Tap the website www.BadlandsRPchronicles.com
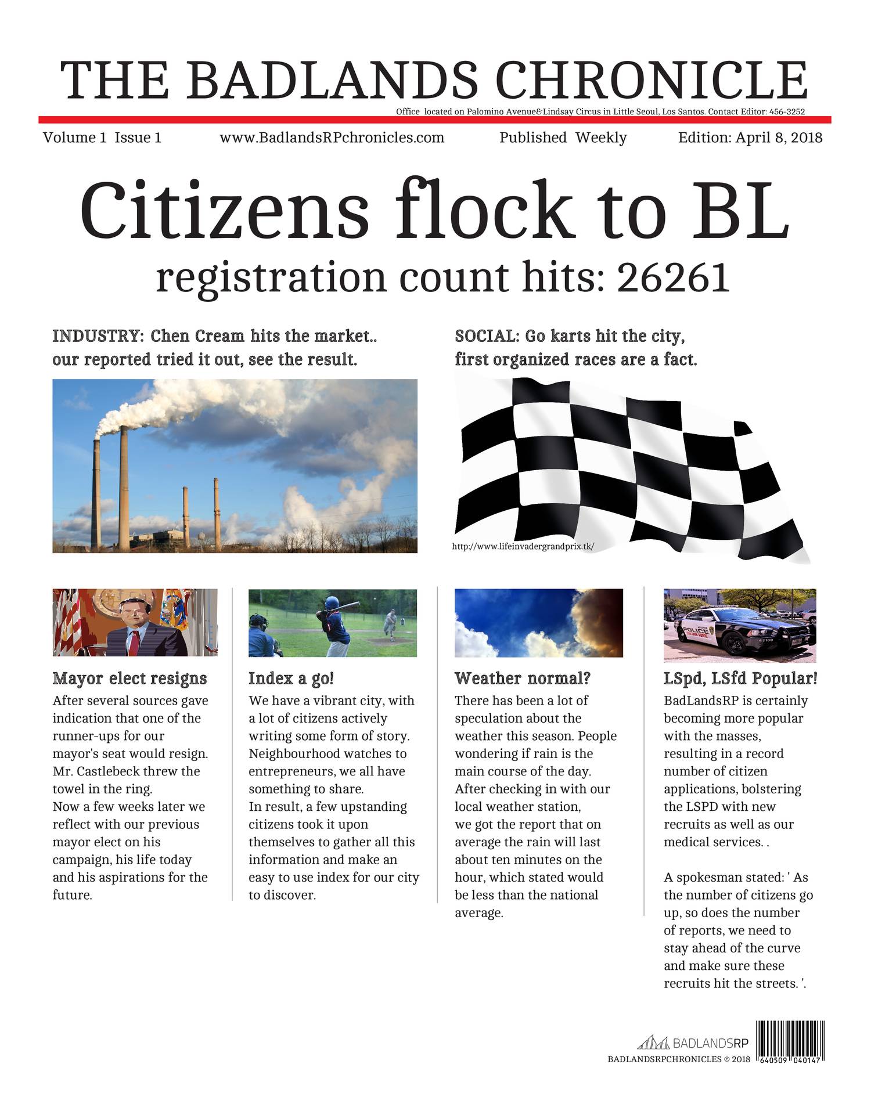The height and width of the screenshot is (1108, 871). [332, 138]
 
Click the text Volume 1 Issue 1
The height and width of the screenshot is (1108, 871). [102, 138]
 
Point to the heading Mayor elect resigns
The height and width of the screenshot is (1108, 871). [129, 678]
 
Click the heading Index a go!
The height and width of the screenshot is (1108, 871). [291, 678]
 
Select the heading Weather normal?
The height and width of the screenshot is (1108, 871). [523, 678]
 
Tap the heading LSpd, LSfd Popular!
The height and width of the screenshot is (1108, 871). [740, 678]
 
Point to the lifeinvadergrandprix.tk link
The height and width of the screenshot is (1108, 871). [523, 546]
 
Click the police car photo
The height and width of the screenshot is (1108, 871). [739, 625]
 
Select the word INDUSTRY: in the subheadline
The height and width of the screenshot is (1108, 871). [98, 336]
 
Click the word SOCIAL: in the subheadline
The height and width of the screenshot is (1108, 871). [487, 336]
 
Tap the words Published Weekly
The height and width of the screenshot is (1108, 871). [563, 138]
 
